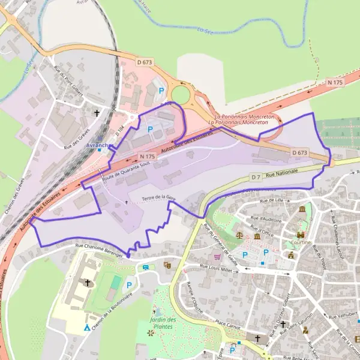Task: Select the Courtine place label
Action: (300, 243)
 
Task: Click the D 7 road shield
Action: (256, 178)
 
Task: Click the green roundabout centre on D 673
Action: (181, 95)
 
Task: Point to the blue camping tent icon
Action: (88, 328)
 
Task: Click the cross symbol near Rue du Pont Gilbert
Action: (97, 113)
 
